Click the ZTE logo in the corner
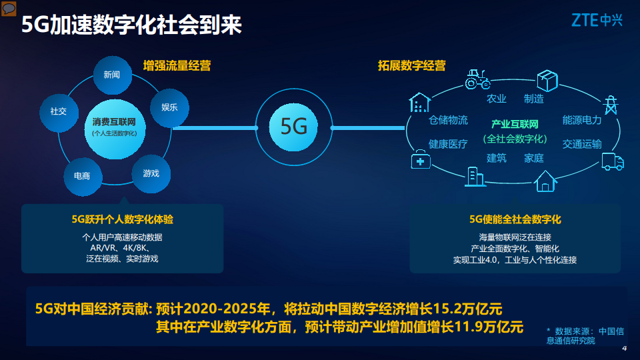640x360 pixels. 596,21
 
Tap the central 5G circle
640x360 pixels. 294,127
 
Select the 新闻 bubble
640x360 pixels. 111,75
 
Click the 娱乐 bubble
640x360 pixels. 169,107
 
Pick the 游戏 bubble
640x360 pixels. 151,173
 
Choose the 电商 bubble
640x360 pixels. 82,176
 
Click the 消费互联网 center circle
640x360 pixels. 114,127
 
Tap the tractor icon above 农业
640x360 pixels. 477,79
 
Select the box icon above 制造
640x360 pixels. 547,81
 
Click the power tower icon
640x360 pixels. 609,106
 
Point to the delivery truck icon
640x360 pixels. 612,161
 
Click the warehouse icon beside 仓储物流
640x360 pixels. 419,103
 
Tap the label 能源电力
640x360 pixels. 581,121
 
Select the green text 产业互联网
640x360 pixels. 514,124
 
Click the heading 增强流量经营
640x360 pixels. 177,65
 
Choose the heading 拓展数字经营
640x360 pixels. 411,65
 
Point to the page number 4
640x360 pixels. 624,349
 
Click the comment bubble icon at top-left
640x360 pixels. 9,8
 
